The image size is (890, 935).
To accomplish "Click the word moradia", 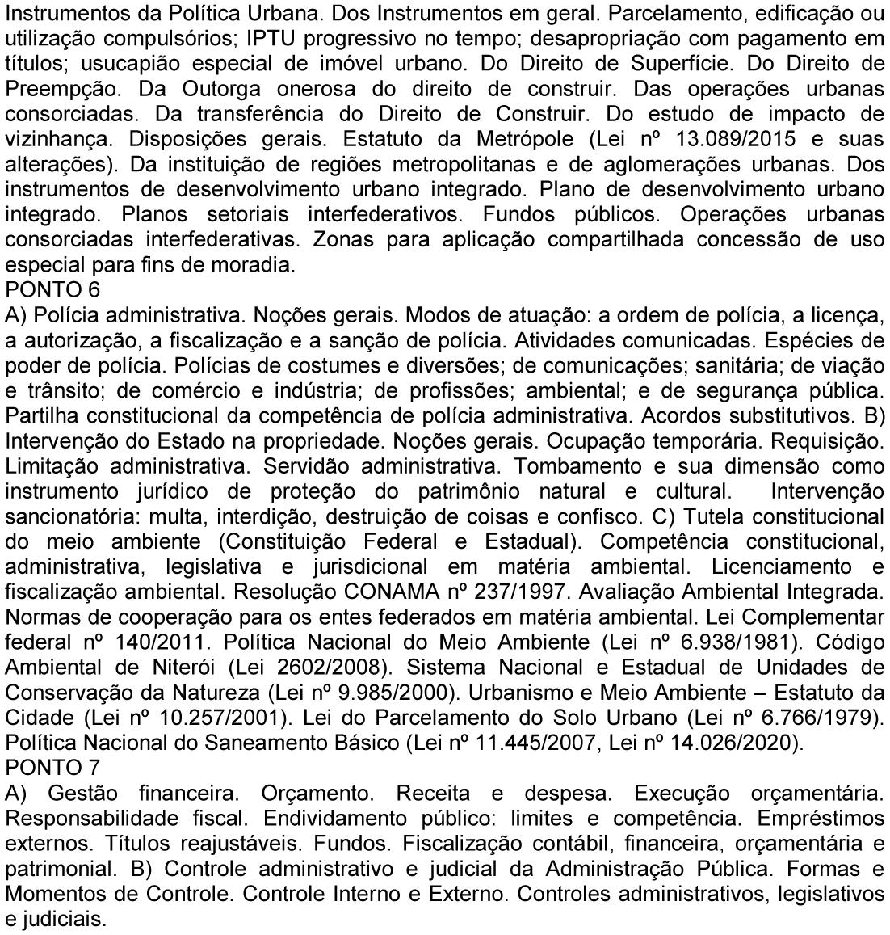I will click(x=250, y=264).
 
